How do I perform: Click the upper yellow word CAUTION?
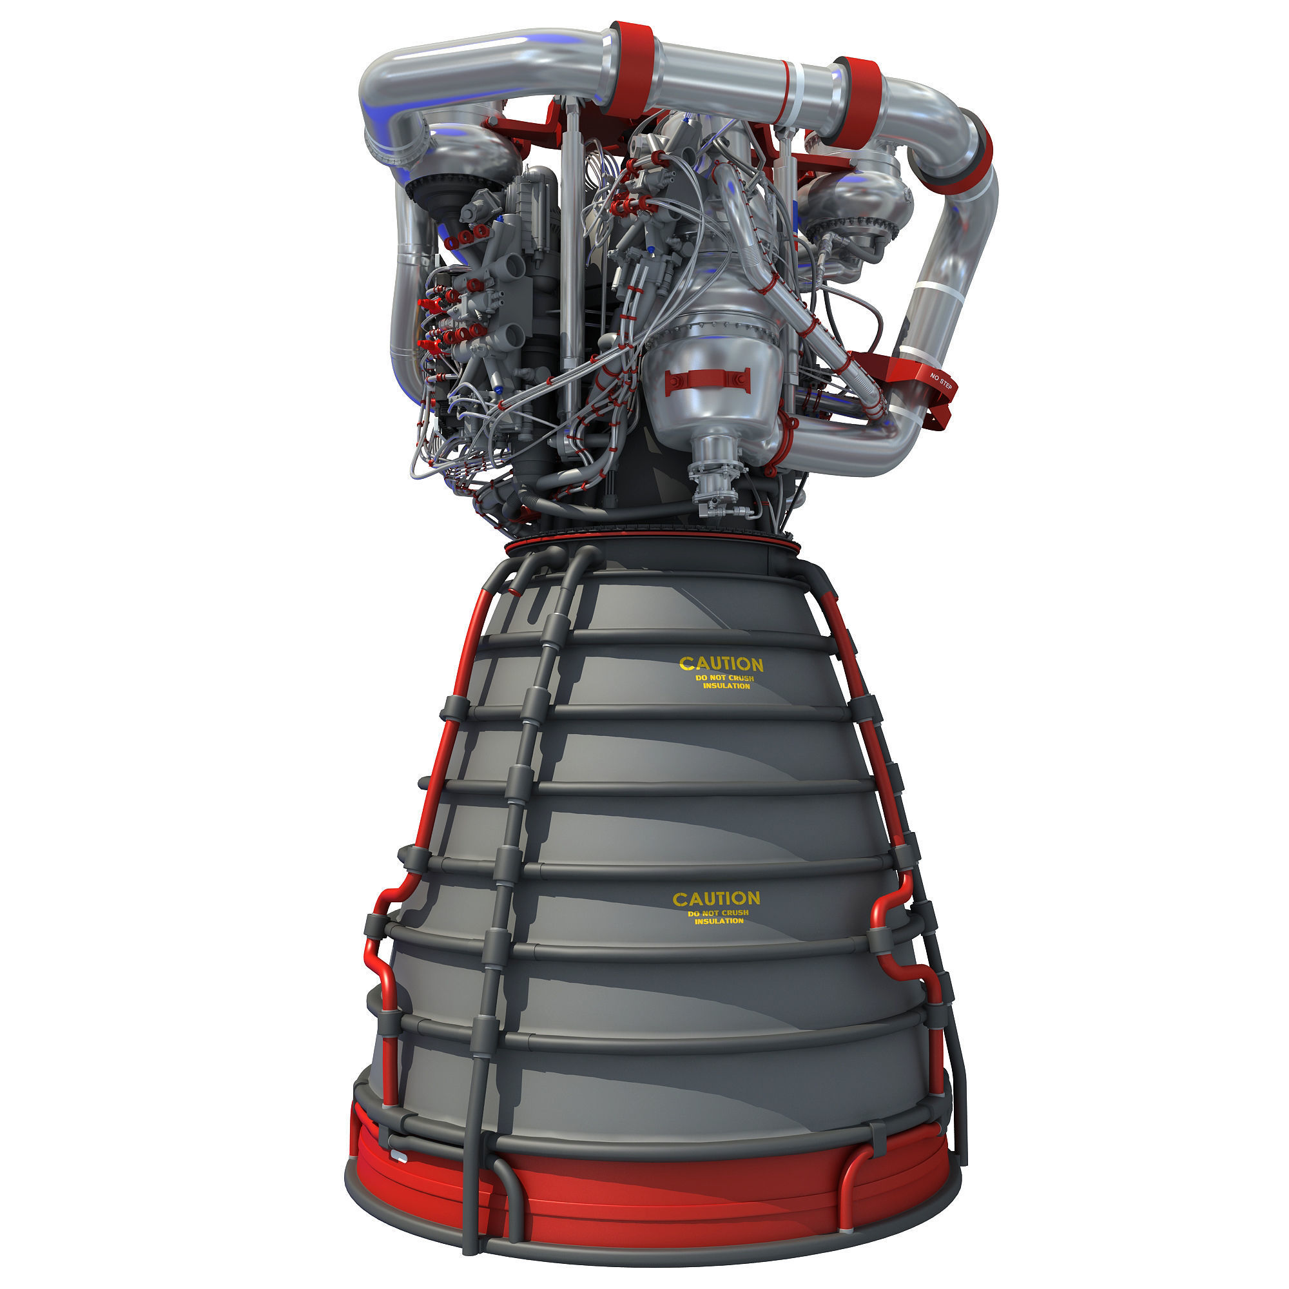[x=721, y=664]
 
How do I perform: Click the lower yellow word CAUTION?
[x=716, y=898]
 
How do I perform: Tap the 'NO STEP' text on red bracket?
[x=941, y=382]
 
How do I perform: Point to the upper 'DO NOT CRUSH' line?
[x=724, y=678]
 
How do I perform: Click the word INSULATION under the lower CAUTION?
[x=719, y=922]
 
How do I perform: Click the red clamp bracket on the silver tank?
[x=707, y=380]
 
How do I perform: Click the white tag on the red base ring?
[x=400, y=1155]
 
